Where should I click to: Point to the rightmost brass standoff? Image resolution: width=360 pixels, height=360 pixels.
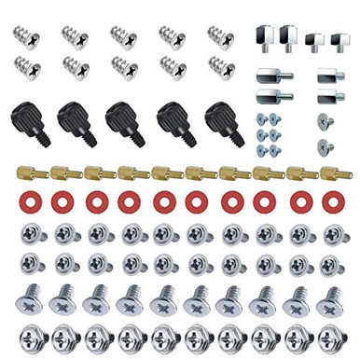pyautogui.click(x=330, y=173)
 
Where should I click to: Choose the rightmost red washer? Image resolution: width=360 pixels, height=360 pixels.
pyautogui.click(x=330, y=201)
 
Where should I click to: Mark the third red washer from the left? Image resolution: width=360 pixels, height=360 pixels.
pyautogui.click(x=95, y=201)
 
